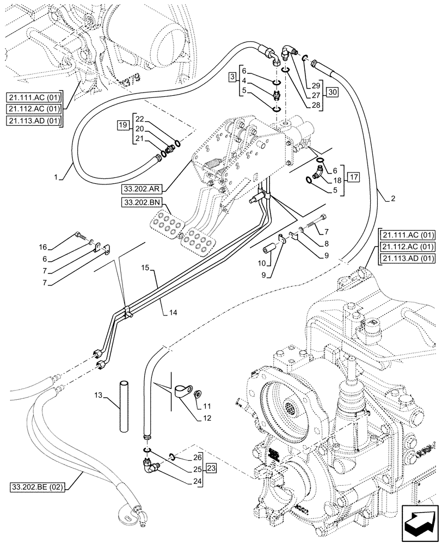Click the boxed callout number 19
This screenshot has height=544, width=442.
tap(122, 125)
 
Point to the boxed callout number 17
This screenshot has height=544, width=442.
tap(354, 176)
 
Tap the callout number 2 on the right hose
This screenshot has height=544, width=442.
tap(392, 199)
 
